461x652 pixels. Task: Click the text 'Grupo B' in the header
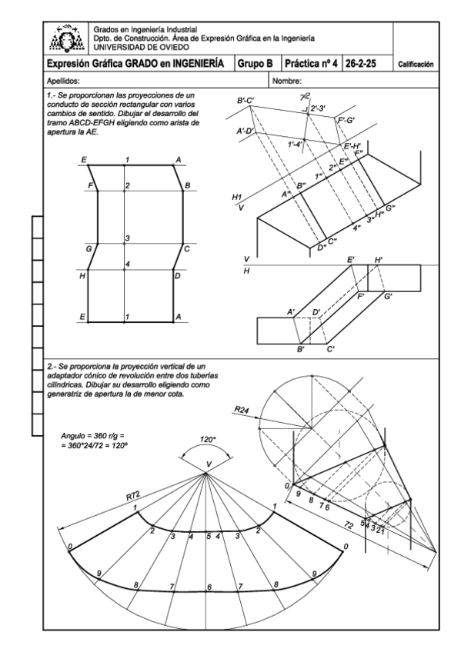[x=255, y=64]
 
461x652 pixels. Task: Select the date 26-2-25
[x=360, y=64]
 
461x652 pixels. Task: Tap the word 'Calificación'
[x=416, y=65]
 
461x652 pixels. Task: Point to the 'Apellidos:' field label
[x=63, y=81]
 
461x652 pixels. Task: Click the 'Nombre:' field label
[x=286, y=81]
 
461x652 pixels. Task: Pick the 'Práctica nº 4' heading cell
[x=311, y=64]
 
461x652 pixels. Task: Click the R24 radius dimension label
[x=242, y=410]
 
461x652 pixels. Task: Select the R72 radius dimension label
[x=132, y=495]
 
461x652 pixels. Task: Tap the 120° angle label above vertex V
[x=207, y=440]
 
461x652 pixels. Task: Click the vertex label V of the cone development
[x=209, y=464]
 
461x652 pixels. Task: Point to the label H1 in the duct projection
[x=237, y=197]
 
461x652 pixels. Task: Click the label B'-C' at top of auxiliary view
[x=246, y=101]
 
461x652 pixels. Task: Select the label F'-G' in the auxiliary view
[x=346, y=121]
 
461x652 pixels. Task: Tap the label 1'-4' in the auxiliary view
[x=295, y=145]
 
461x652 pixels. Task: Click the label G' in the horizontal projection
[x=388, y=297]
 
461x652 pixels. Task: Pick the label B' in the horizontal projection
[x=301, y=349]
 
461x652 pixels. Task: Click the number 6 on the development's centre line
[x=209, y=587]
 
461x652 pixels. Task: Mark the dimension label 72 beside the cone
[x=349, y=526]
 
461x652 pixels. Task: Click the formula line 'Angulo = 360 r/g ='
[x=92, y=436]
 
